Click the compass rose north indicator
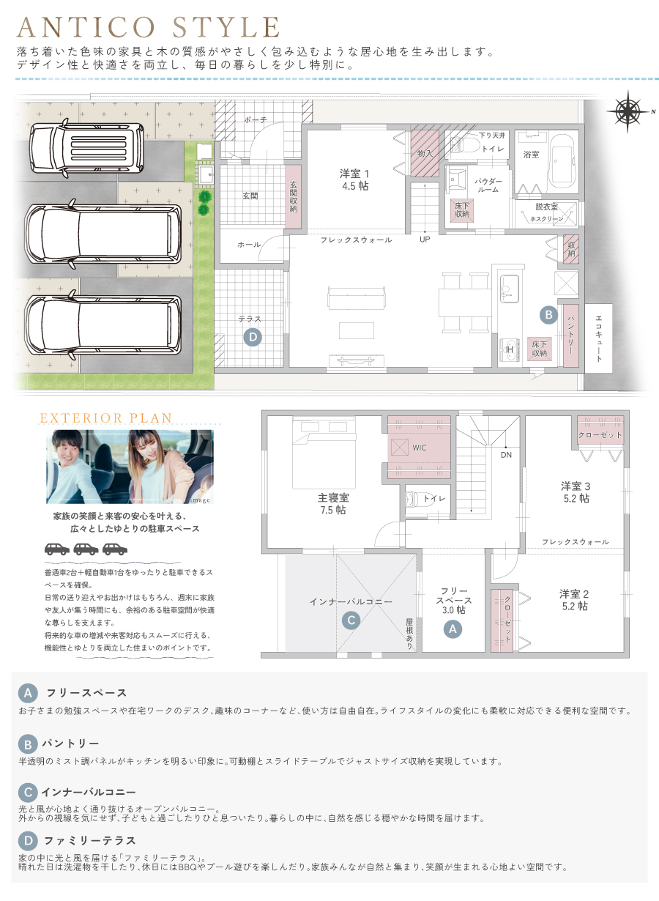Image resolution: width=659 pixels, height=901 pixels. [628, 111]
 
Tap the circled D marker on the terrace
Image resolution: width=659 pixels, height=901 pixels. [253, 337]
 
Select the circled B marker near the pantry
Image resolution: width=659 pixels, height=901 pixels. [548, 314]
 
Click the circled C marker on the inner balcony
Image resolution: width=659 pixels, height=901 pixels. [351, 620]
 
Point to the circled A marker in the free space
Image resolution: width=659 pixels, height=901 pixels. [453, 629]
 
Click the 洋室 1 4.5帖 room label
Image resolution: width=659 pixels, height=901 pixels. [354, 179]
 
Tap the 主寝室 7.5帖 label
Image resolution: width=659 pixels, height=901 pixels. [333, 503]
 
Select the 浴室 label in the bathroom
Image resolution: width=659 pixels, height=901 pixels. [531, 155]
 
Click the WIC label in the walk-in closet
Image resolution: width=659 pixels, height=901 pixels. [420, 448]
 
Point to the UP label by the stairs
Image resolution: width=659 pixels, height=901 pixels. [425, 240]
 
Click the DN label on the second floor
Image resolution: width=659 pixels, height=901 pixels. [506, 455]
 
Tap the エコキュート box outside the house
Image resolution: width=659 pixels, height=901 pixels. [598, 338]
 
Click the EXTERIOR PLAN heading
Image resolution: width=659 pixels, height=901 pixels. [105, 418]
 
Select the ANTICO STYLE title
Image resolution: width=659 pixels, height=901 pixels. [148, 27]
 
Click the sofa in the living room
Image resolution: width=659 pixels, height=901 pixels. [357, 297]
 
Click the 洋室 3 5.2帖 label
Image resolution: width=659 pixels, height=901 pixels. [576, 492]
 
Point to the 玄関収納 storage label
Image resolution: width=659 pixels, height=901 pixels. [293, 197]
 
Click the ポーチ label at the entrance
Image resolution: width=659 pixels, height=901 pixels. [256, 120]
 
